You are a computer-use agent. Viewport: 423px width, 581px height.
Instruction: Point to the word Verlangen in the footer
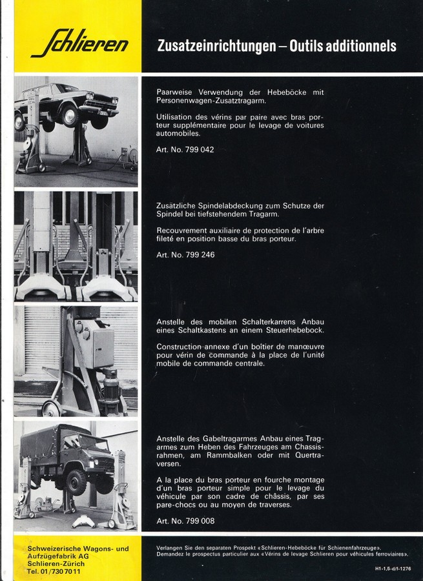tap(170, 547)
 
